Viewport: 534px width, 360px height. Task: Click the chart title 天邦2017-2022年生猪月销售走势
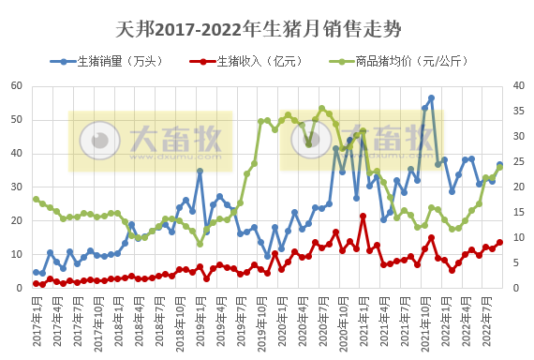point(267,32)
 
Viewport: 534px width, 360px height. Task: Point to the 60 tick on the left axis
point(16,85)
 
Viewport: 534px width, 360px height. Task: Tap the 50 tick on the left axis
point(16,119)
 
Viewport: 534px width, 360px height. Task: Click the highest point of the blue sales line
point(431,97)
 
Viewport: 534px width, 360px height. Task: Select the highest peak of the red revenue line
point(363,217)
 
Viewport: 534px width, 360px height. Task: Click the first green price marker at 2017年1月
point(36,199)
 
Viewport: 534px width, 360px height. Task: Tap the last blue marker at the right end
point(499,165)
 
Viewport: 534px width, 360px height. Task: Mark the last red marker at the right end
point(499,242)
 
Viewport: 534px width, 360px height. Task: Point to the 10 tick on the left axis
point(16,254)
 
